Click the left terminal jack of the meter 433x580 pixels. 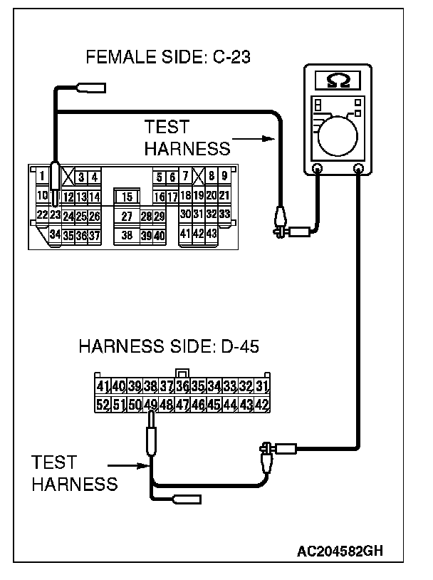(x=317, y=169)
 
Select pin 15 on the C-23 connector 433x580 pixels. (x=127, y=196)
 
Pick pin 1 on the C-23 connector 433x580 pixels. (x=43, y=176)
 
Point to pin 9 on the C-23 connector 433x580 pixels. (x=224, y=176)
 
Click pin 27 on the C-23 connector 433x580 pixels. (x=127, y=216)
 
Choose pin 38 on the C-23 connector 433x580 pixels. (x=127, y=234)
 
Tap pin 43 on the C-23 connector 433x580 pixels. (x=211, y=233)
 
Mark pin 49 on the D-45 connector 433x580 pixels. (x=150, y=405)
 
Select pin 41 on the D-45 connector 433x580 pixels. (x=103, y=387)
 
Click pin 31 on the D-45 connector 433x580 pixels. (x=261, y=387)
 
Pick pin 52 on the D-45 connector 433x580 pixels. (x=103, y=405)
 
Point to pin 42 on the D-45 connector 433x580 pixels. (x=261, y=405)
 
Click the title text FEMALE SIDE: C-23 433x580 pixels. (x=167, y=58)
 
